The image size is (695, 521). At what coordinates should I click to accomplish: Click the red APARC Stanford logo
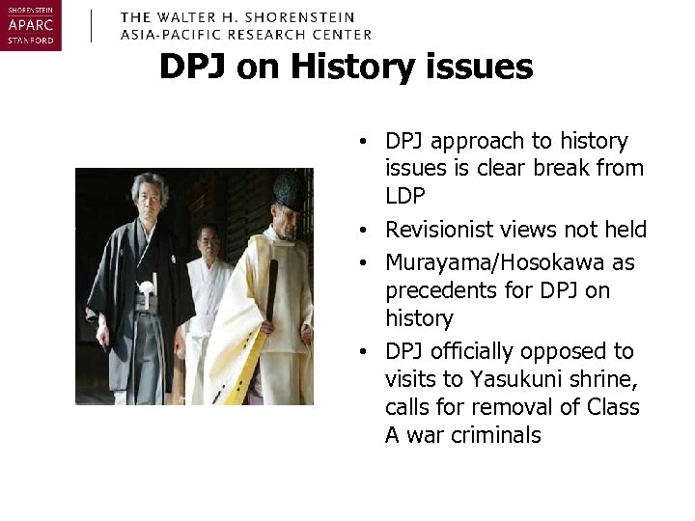31,26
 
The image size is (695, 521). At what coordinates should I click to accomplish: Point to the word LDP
405,195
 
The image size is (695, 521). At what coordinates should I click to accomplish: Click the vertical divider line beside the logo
91,26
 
